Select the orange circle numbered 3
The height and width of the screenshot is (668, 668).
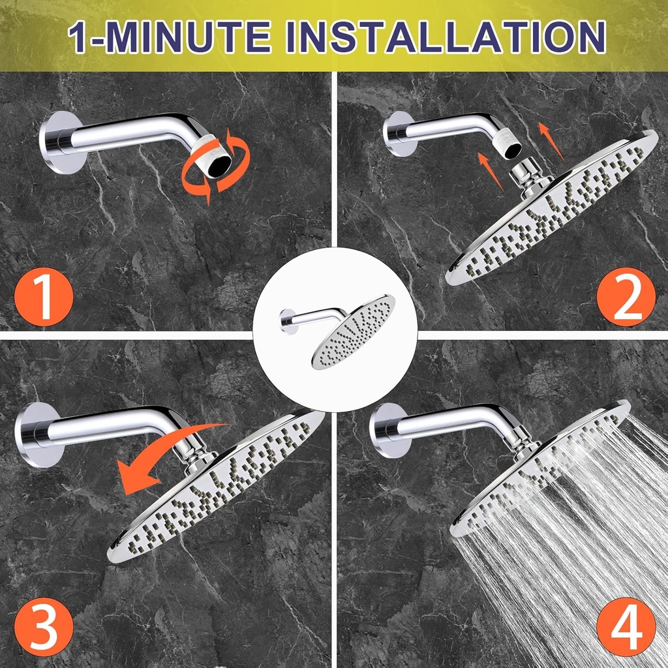(x=44, y=627)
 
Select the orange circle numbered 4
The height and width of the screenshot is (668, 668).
(x=625, y=627)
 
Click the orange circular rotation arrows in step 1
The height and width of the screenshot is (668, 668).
(x=216, y=167)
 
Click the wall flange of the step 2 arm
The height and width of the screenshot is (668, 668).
(x=399, y=133)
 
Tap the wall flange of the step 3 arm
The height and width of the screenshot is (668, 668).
(x=31, y=434)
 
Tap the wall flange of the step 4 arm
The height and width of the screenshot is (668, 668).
(x=386, y=430)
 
